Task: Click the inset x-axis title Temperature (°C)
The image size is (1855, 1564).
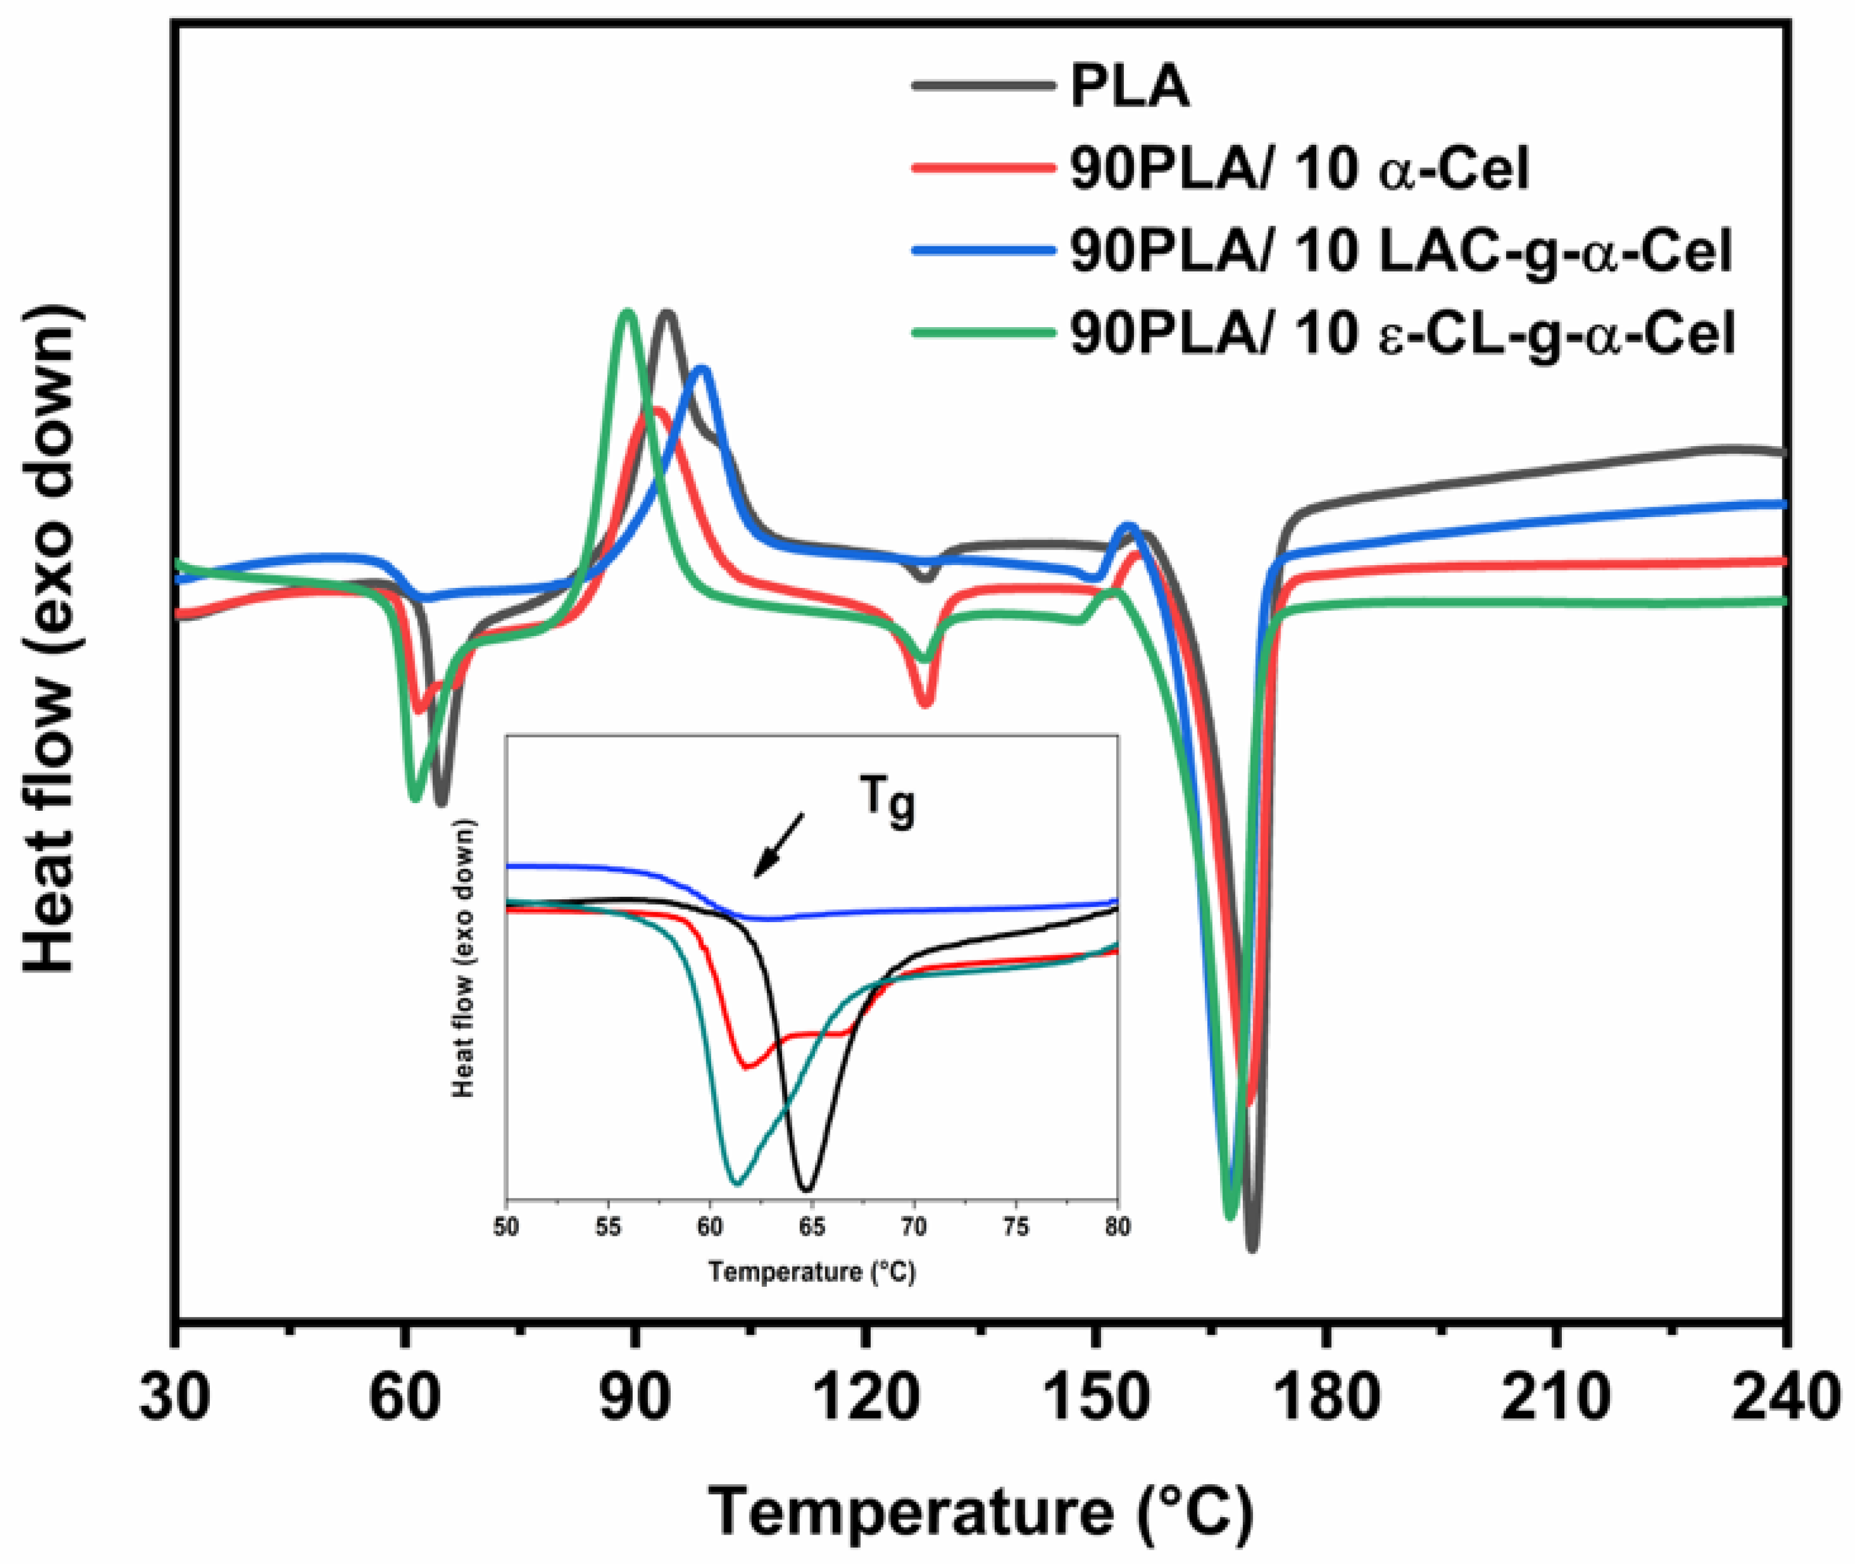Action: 811,1272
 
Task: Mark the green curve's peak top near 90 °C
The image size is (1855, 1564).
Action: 628,312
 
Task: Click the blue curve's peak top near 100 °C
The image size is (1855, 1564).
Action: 703,369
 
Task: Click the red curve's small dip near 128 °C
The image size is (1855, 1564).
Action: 925,703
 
